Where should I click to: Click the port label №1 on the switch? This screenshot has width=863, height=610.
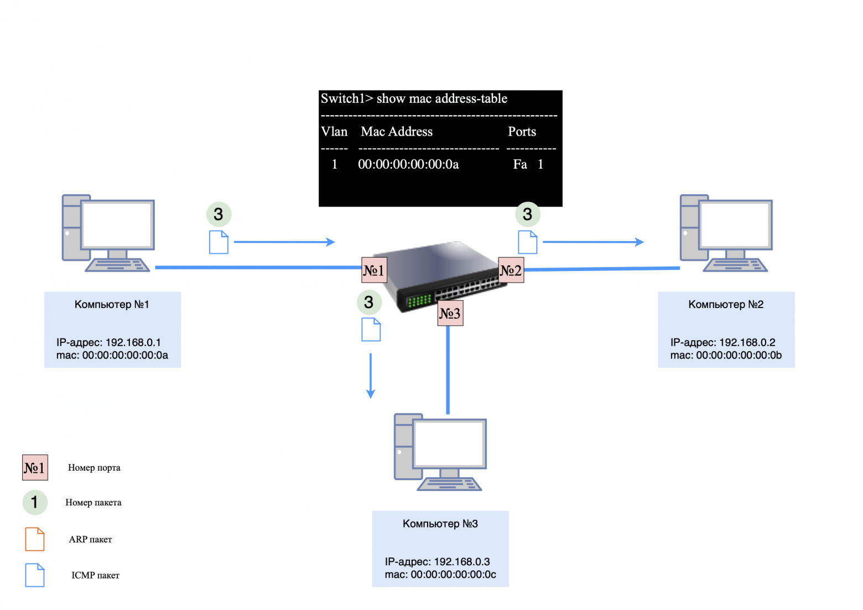374,270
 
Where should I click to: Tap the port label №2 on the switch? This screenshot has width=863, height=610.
511,270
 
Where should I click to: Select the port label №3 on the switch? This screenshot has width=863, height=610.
450,313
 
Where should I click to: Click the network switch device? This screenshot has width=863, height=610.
443,274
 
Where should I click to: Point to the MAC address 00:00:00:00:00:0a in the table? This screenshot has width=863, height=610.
408,164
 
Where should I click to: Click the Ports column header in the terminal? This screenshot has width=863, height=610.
522,132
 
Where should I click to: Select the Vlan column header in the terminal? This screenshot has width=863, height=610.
334,132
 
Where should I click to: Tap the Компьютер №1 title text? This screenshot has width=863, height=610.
112,304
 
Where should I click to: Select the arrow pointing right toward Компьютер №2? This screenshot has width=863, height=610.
593,242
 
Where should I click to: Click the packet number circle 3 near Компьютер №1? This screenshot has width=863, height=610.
219,214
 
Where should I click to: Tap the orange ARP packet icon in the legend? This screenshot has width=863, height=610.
35,539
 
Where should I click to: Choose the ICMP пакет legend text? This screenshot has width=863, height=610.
95,575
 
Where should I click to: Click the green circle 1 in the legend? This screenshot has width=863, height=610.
34,502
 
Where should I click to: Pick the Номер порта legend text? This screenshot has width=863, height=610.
94,467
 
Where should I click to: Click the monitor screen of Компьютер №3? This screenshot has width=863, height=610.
449,442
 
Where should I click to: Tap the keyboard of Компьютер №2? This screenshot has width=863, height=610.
735,266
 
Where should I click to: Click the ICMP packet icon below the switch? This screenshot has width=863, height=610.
371,330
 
